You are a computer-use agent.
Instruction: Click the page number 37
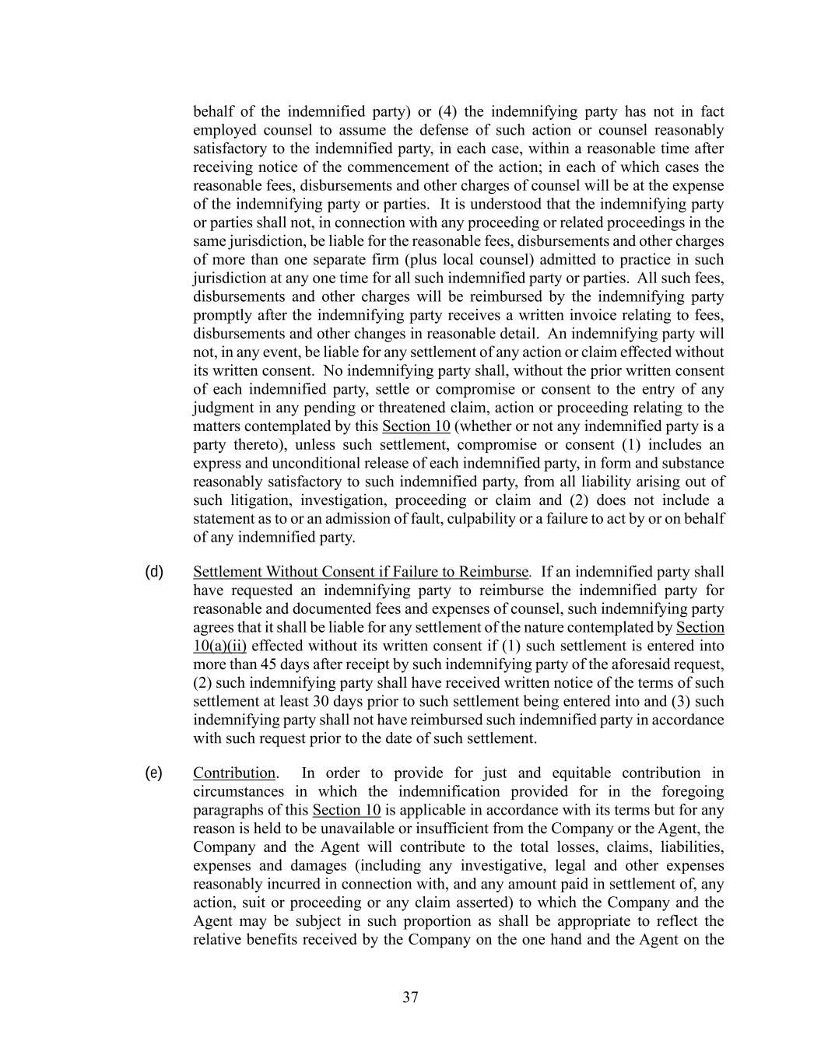411,997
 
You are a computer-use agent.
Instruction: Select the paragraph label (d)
154,572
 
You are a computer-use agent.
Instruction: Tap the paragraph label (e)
154,773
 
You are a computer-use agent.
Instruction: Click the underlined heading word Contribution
234,773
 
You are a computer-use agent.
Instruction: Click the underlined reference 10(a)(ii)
219,646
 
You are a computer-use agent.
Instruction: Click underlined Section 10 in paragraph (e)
346,810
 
